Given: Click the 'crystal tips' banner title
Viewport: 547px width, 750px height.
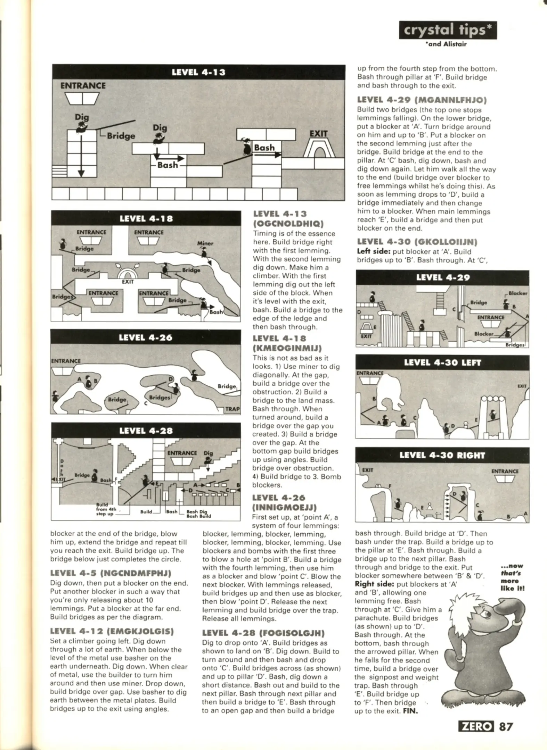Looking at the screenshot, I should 448,31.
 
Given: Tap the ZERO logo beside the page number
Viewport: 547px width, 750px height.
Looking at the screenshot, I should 476,726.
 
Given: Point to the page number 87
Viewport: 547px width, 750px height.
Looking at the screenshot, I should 506,726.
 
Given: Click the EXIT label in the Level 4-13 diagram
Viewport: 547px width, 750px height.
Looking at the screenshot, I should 318,134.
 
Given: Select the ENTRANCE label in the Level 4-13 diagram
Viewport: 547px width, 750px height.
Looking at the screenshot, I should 83,85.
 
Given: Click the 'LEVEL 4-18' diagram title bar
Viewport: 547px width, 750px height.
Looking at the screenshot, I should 146,218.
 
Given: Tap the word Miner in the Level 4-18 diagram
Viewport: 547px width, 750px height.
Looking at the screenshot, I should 205,243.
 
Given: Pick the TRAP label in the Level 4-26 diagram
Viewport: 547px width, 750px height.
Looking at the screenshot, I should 232,409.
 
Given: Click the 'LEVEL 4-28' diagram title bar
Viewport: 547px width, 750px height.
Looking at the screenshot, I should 146,431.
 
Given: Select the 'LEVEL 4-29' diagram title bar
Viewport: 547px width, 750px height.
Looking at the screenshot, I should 443,277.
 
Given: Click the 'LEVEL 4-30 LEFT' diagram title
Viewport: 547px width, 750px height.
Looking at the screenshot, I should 442,362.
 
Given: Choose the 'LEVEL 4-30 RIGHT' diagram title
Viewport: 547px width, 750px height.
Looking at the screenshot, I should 442,455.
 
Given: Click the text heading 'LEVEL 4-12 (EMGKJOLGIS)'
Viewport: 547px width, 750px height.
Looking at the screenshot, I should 112,631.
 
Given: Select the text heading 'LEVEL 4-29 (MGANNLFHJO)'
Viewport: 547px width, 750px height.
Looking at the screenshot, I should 422,100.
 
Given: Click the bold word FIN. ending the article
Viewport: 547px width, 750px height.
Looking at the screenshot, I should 410,711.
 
